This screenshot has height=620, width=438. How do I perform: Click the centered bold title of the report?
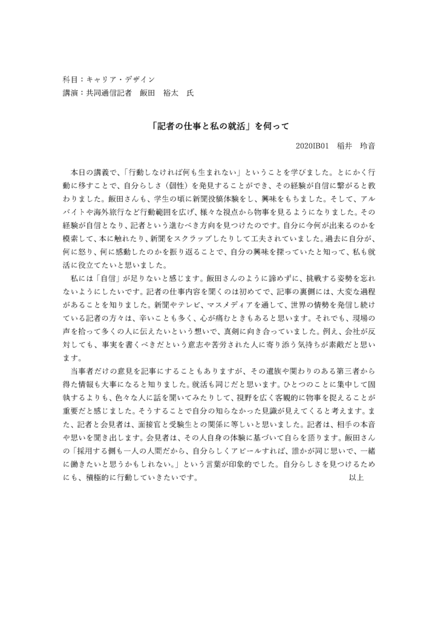pyautogui.click(x=219, y=127)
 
